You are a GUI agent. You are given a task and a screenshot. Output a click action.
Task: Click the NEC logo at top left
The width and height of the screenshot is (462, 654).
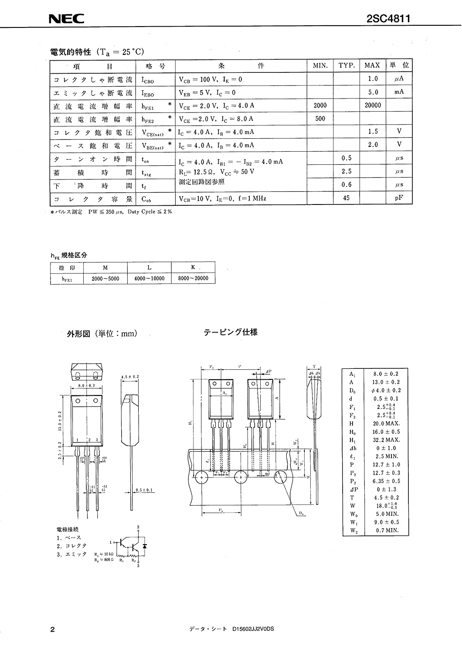pyautogui.click(x=66, y=19)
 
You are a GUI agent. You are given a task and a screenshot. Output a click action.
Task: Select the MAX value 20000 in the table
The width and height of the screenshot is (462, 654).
pyautogui.click(x=373, y=105)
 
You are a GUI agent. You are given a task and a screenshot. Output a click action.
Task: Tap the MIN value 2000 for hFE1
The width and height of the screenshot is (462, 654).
pyautogui.click(x=320, y=105)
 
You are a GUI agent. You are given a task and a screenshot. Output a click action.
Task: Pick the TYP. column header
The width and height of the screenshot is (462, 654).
pyautogui.click(x=346, y=65)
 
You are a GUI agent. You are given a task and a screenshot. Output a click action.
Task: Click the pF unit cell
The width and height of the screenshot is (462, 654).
pyautogui.click(x=399, y=198)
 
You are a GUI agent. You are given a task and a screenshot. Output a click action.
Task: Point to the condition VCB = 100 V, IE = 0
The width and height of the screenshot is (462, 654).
pyautogui.click(x=211, y=79)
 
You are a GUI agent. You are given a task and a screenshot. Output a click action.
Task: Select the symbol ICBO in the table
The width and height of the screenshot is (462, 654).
pyautogui.click(x=147, y=80)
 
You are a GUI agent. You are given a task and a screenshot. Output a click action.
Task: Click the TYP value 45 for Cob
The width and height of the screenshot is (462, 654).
pyautogui.click(x=346, y=198)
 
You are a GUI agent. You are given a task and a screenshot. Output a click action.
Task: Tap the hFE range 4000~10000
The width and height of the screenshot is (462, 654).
pyautogui.click(x=149, y=278)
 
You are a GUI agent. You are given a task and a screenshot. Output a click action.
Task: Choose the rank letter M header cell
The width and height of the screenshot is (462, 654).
pyautogui.click(x=105, y=267)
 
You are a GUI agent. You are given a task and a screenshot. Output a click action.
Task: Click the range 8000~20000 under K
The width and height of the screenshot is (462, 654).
pyautogui.click(x=193, y=278)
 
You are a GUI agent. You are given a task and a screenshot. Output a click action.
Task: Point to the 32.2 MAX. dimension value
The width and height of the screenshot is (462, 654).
pyautogui.click(x=387, y=440)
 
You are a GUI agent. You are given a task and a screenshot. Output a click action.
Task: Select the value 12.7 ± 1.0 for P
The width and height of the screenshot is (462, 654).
pyautogui.click(x=387, y=465)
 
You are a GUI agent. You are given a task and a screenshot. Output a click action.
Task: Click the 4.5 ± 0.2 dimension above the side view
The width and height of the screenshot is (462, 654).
pyautogui.click(x=130, y=377)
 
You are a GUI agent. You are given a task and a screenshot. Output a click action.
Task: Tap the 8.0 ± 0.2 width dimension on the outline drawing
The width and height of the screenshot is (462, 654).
pyautogui.click(x=86, y=386)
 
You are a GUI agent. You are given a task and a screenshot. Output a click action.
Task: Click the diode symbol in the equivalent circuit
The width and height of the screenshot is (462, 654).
pyautogui.click(x=145, y=545)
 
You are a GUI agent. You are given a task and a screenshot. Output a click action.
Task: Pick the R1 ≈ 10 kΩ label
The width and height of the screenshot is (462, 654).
pyautogui.click(x=104, y=554)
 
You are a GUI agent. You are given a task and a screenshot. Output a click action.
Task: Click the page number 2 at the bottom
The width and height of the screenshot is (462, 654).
pyautogui.click(x=53, y=629)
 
